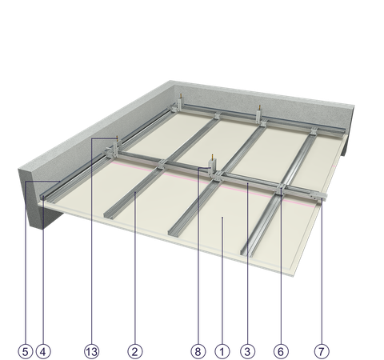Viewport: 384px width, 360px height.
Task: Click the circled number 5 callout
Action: tap(26, 351)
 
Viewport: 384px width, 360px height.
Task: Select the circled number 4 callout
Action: tap(43, 351)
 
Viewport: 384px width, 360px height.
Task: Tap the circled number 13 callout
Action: tap(92, 351)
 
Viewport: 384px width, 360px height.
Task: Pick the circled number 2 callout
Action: tap(135, 351)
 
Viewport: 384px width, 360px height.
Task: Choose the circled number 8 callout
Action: tap(198, 351)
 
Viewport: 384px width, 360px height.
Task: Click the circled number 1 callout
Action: tap(222, 351)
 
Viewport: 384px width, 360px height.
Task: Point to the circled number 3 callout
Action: tap(247, 351)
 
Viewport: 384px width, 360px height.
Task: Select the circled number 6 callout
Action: tap(281, 351)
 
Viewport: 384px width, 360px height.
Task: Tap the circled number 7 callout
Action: tap(322, 351)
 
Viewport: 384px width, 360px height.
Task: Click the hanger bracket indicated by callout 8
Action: tap(213, 167)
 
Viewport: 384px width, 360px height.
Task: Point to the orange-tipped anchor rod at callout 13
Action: tap(117, 138)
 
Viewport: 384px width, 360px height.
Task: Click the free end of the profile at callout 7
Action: tap(324, 197)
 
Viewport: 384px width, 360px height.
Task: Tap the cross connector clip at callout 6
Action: tap(282, 189)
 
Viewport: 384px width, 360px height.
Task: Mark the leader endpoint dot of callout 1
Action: tap(222, 218)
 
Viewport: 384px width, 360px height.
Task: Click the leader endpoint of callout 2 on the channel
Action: tap(135, 192)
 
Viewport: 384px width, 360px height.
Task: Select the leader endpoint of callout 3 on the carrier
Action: tap(247, 183)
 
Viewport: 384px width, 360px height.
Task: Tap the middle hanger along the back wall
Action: tap(259, 114)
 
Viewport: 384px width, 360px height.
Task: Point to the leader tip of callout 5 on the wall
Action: tap(60, 182)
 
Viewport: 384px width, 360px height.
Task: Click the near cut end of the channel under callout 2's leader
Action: tap(109, 215)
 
